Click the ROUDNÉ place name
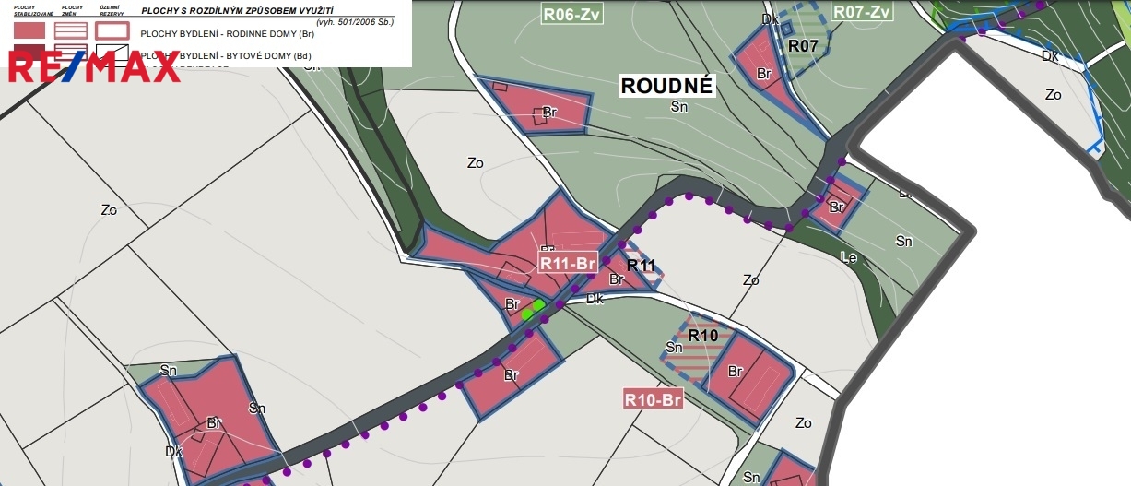[x=666, y=86]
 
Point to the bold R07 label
[x=804, y=45]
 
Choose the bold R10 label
[x=702, y=336]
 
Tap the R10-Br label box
[x=653, y=400]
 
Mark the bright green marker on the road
[x=533, y=309]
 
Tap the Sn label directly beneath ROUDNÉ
[x=679, y=107]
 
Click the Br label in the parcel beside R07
[x=763, y=73]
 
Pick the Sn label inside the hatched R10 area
[x=674, y=348]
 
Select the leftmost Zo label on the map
[x=109, y=209]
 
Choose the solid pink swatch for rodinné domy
[x=29, y=30]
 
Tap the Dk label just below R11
[x=595, y=299]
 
